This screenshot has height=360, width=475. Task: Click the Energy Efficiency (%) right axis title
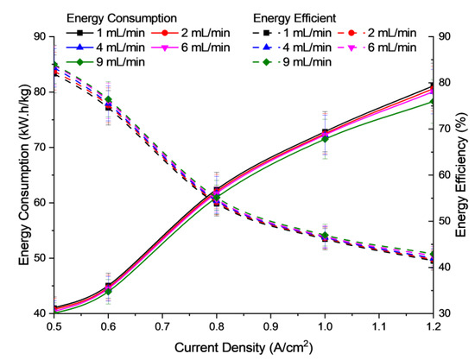(465, 174)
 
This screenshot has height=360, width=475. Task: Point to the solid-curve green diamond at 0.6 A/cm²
(109, 292)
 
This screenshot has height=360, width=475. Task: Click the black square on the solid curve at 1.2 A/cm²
(432, 86)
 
